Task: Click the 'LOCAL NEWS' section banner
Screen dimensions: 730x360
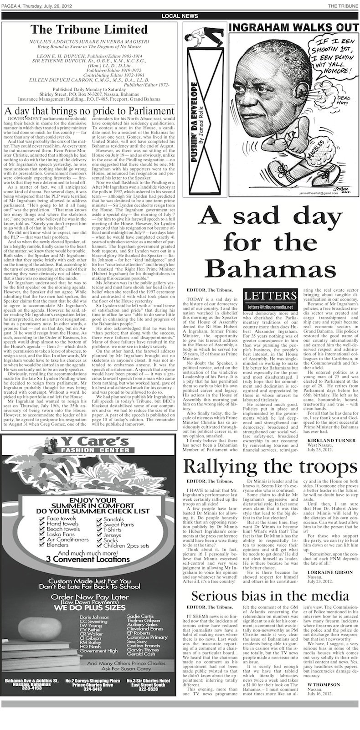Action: [180, 16]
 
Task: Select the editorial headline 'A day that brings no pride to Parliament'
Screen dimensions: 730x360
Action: [89, 111]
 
